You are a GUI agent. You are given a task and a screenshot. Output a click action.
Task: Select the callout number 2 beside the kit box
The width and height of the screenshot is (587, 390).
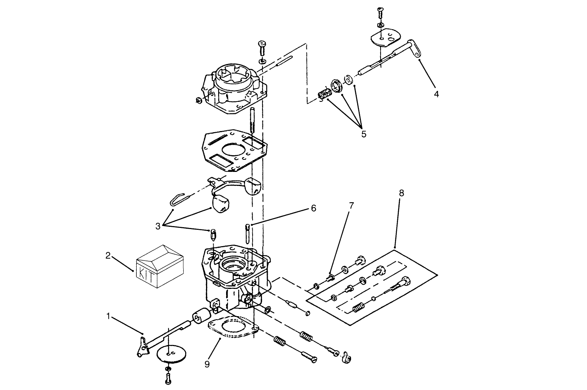[x=108, y=256]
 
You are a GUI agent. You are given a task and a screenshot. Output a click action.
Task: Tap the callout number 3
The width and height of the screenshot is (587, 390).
[x=158, y=226]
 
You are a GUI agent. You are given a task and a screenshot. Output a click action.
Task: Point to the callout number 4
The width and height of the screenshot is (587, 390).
[x=436, y=94]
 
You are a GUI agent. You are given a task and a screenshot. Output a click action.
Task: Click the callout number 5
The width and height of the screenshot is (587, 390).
[x=364, y=134]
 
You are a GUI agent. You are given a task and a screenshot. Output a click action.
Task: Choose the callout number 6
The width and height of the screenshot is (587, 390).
[x=313, y=208]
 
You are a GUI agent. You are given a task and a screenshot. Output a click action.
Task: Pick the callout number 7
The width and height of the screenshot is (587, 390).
[x=351, y=206]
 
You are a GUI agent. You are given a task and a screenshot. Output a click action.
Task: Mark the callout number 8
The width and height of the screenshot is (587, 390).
[x=401, y=193]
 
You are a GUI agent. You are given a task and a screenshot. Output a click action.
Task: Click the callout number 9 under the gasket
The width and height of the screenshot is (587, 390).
[x=207, y=364]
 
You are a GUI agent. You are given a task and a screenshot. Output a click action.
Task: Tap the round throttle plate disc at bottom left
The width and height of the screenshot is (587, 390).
[x=172, y=353]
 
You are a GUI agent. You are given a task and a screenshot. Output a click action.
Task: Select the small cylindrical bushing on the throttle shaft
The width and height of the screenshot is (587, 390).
[x=201, y=316]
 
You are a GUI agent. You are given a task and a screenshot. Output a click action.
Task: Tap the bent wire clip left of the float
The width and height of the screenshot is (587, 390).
[x=178, y=197]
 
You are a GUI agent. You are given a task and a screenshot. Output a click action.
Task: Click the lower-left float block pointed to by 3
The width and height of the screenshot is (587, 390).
[x=220, y=204]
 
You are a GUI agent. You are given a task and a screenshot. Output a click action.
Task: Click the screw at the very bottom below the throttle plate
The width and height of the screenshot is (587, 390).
[x=168, y=377]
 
